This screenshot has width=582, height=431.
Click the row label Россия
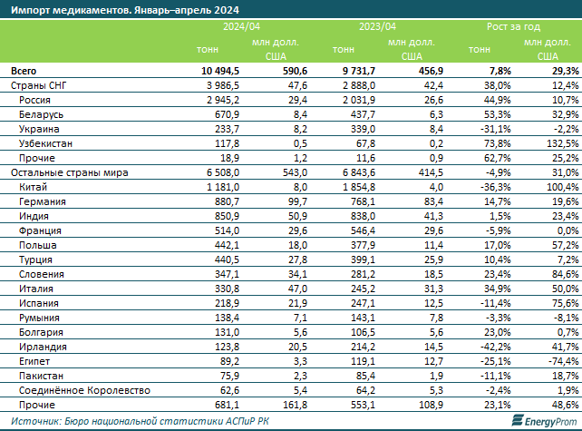point(34,100)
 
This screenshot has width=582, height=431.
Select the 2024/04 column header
point(241,26)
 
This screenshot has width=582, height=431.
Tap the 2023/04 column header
point(377,26)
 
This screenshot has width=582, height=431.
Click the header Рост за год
point(513,26)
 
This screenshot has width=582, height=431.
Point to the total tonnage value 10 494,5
point(220,71)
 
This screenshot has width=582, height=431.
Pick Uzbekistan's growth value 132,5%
point(563,143)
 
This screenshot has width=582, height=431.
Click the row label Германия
point(43,201)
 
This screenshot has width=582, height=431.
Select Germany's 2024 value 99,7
point(297,201)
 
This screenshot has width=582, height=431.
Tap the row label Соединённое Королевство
point(84,390)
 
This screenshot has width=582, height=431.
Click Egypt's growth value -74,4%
point(564,361)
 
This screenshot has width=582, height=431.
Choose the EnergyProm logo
point(544,421)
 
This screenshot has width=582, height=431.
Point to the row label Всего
point(24,71)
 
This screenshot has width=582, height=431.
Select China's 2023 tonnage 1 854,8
point(359,187)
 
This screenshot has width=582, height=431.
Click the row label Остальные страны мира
point(70,172)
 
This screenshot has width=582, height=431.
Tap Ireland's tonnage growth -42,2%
point(496,347)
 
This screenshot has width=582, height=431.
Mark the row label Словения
point(42,274)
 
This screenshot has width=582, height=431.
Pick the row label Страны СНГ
point(39,85)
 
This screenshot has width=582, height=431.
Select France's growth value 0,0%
point(567,230)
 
